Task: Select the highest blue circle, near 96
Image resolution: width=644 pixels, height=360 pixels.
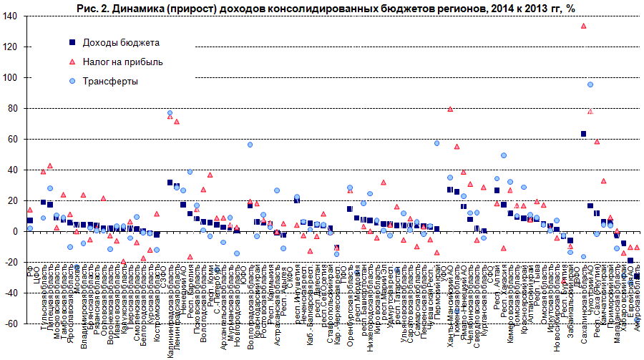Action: point(590,84)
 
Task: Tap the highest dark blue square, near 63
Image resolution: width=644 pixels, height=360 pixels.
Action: point(583,134)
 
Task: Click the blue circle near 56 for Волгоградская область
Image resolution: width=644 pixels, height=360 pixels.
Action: point(250,145)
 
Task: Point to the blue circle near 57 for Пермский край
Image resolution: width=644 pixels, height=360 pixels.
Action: point(436,143)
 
